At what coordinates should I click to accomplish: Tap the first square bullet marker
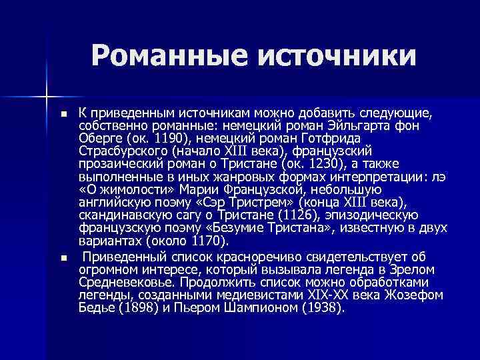(64, 115)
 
